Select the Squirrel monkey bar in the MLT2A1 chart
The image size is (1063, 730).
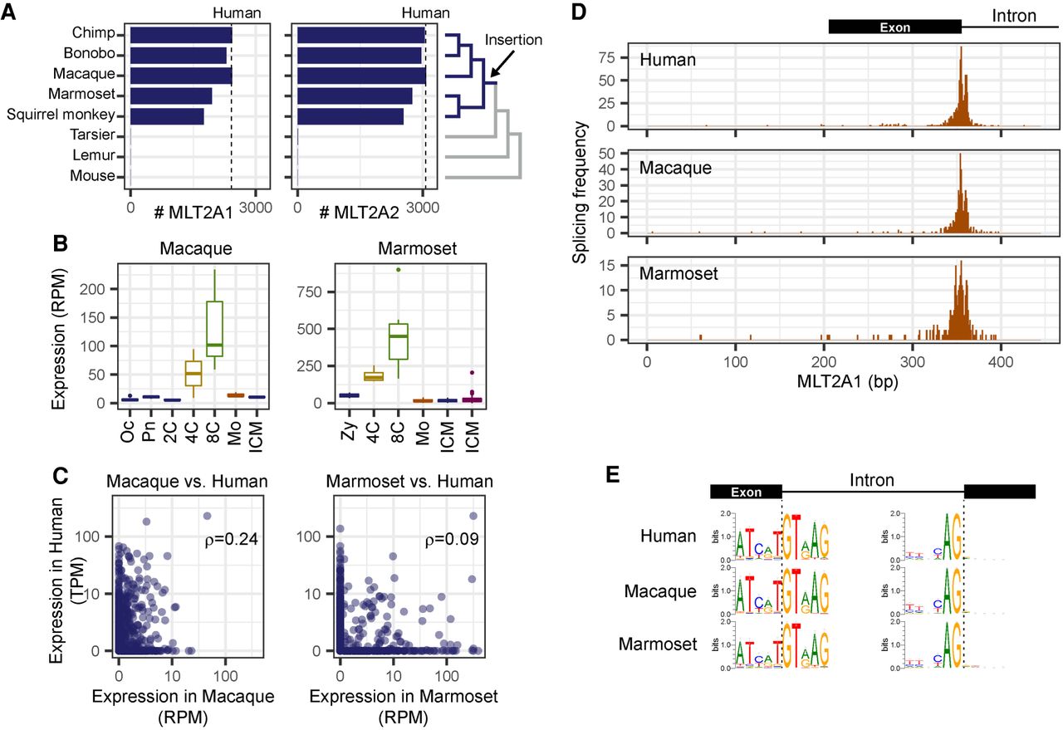[167, 116]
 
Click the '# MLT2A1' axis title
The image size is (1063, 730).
[193, 212]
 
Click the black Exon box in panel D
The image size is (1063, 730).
[894, 27]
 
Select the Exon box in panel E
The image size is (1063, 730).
[746, 492]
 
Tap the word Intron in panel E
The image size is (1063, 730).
[871, 480]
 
